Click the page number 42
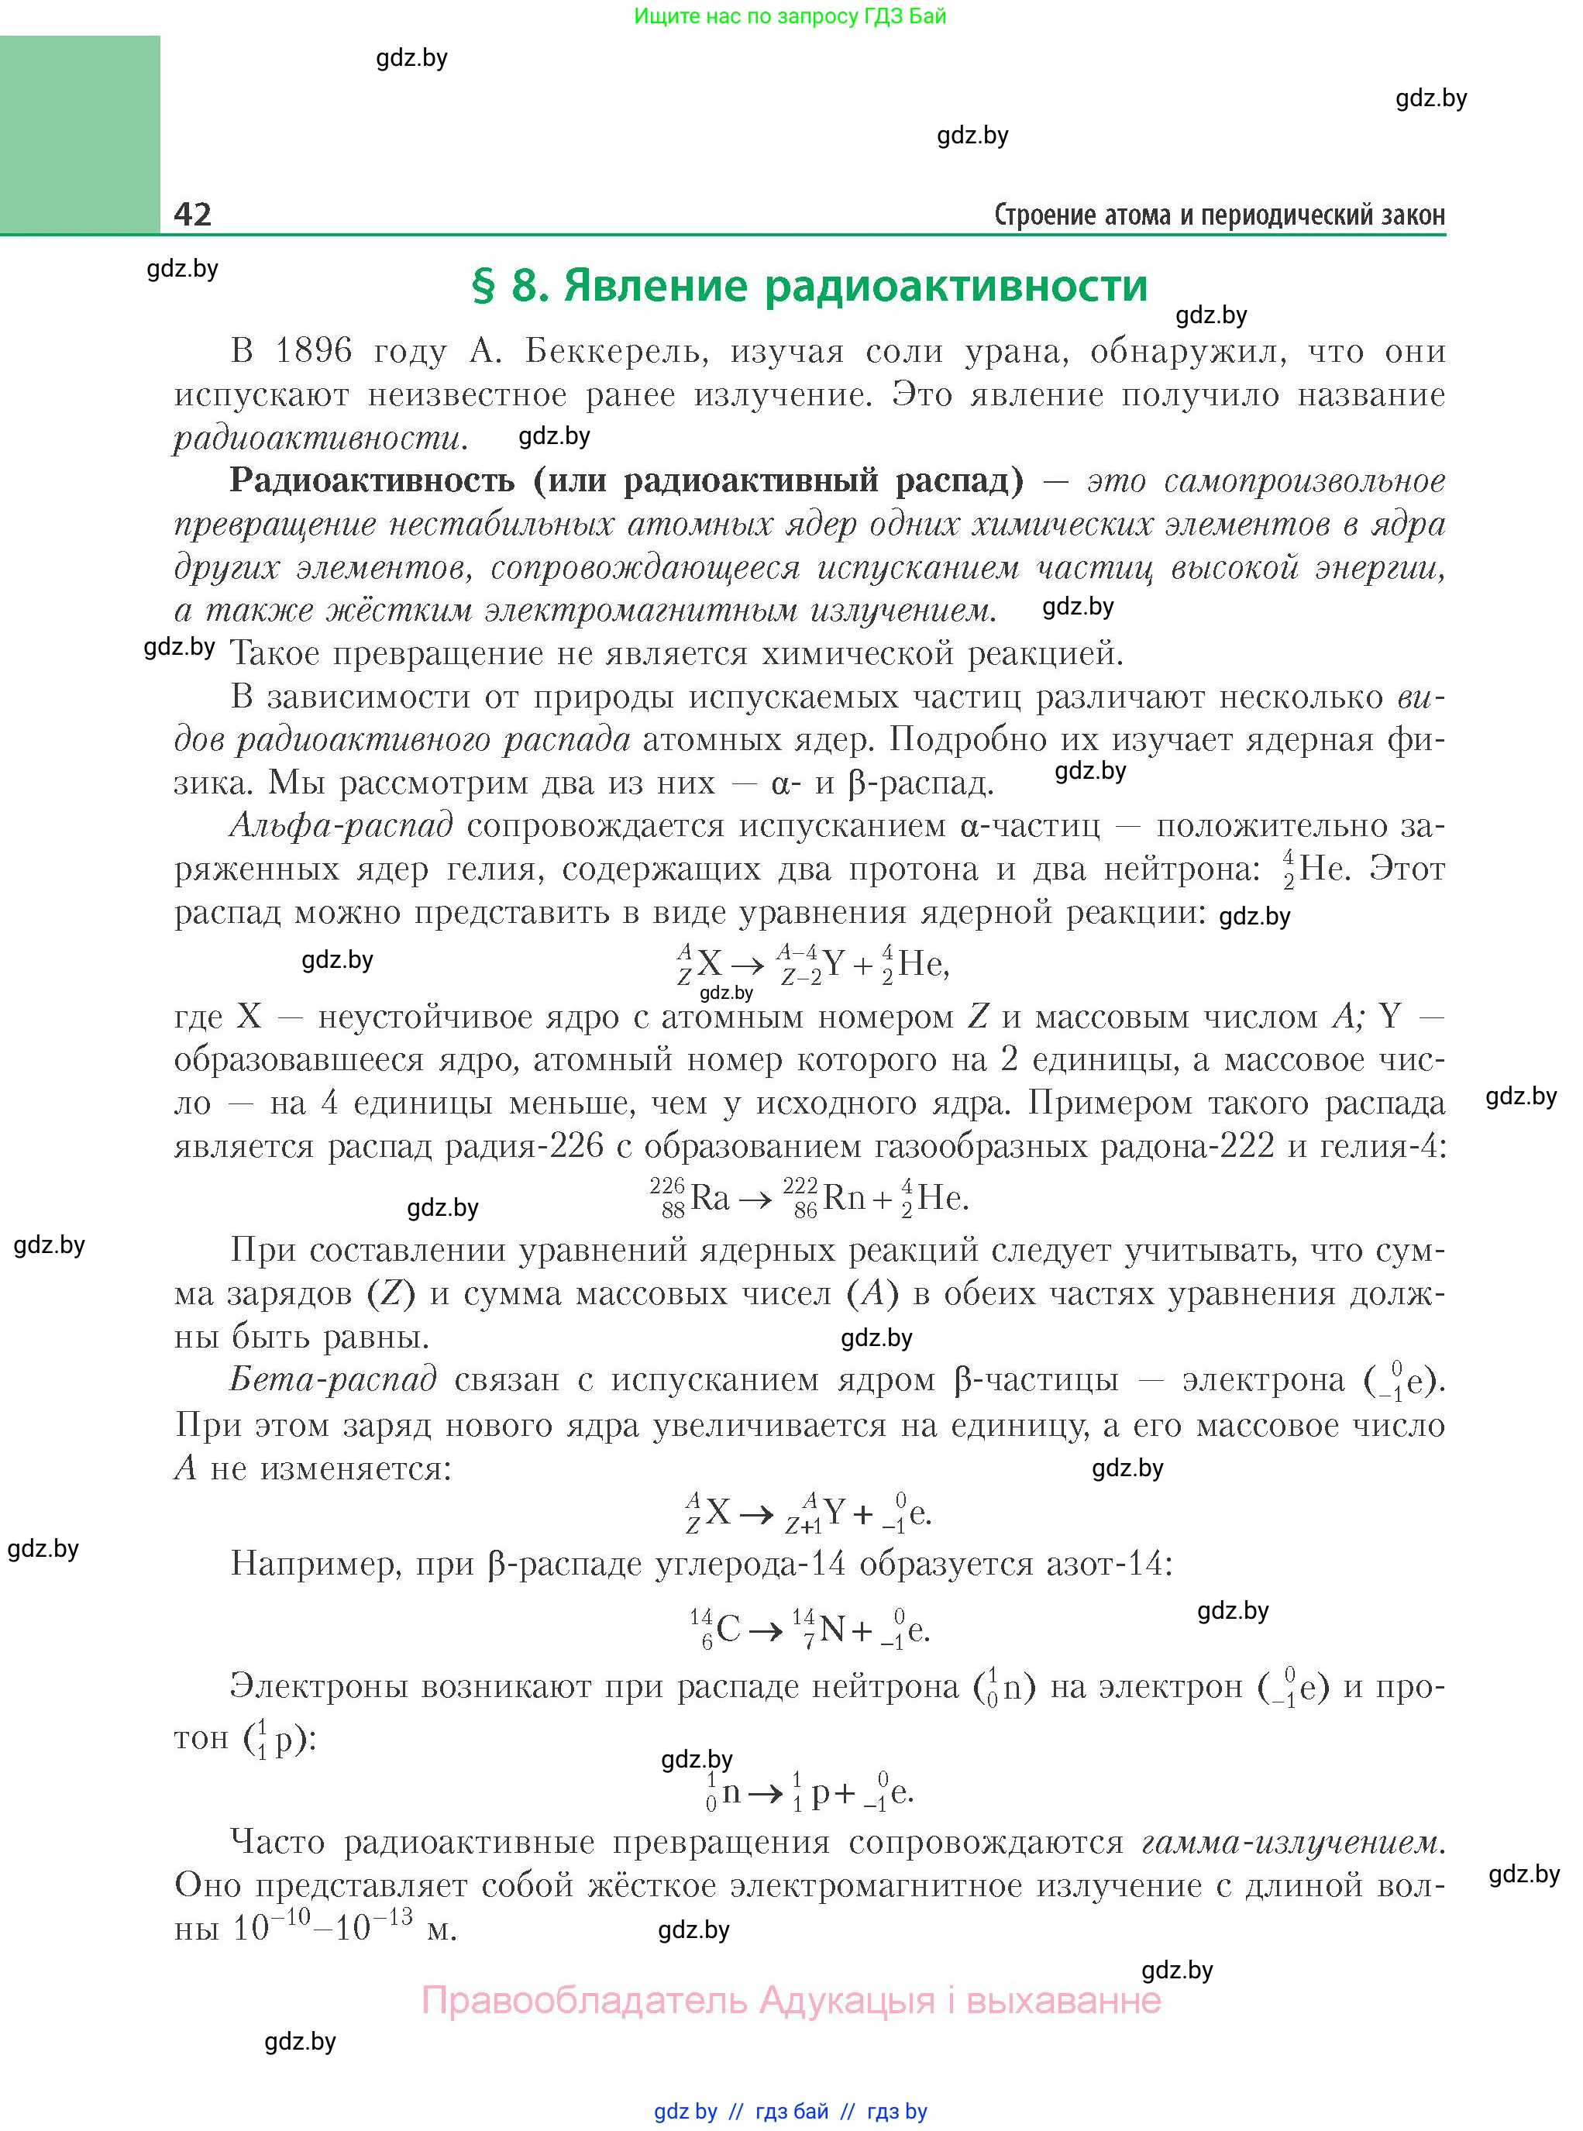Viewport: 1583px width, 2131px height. coord(193,214)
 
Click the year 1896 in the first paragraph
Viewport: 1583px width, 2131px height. coord(313,352)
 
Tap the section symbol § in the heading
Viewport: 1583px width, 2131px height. coord(484,285)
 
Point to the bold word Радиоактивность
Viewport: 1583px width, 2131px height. coord(372,480)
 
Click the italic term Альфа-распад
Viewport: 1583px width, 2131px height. coord(341,826)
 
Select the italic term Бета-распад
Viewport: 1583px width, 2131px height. coord(333,1380)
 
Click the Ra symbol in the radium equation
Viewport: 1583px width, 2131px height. coord(710,1199)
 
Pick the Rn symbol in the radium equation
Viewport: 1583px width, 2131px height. coord(843,1199)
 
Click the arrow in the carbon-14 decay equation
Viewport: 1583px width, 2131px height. coord(765,1631)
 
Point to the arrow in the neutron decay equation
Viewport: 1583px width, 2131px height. coord(765,1795)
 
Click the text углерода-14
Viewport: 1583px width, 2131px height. coord(744,1564)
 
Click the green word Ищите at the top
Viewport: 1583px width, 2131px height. coord(662,15)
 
